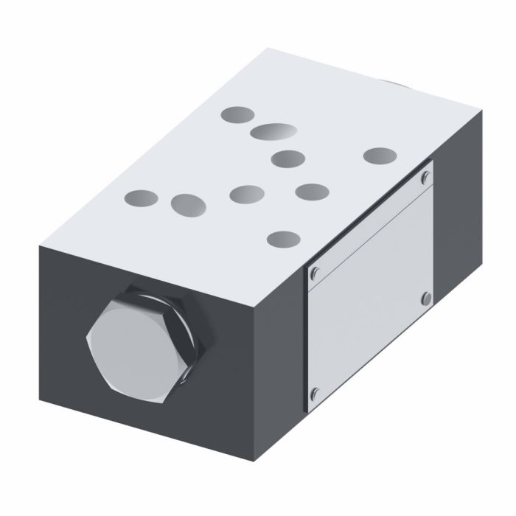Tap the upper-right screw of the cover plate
tap(425, 176)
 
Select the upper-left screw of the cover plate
tap(315, 273)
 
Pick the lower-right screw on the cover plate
tap(425, 297)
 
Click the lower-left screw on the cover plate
tap(315, 392)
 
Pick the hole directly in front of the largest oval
tap(287, 157)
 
